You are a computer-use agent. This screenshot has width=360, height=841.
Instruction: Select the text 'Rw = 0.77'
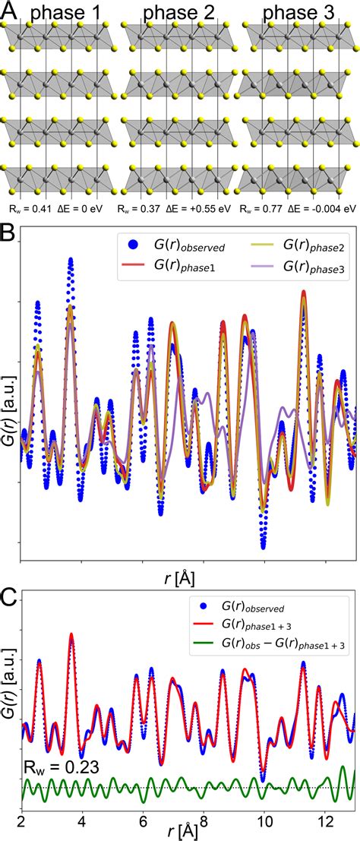tap(260, 207)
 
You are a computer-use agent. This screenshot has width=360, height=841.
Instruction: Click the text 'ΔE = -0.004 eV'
tap(319, 207)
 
